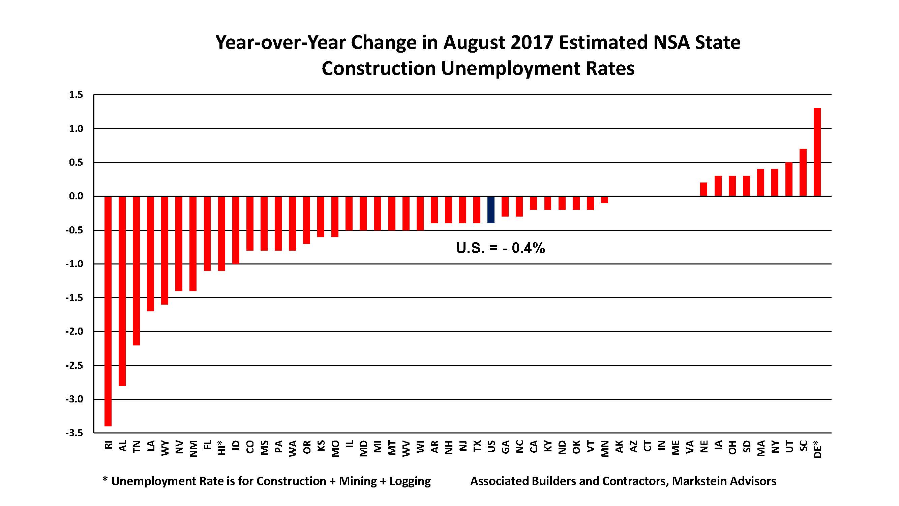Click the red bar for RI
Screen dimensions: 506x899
108,311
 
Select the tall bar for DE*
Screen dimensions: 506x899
817,152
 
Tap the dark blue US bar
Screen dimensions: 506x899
491,209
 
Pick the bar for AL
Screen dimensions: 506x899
122,290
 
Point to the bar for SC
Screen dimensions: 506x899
803,172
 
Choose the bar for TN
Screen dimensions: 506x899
137,271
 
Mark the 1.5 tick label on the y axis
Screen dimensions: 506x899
76,95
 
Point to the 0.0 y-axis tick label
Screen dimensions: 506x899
76,196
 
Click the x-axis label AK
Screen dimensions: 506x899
619,447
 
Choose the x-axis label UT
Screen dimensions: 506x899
789,447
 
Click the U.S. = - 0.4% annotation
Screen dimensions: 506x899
500,248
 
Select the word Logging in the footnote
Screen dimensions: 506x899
410,481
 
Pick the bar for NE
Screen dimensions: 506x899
703,189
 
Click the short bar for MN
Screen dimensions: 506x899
604,200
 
